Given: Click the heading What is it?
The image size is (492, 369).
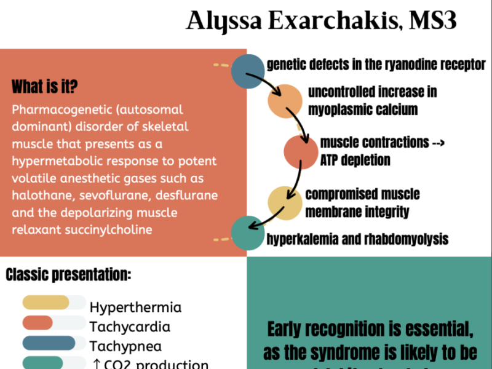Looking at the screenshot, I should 44,86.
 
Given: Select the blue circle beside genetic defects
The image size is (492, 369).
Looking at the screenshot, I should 248,71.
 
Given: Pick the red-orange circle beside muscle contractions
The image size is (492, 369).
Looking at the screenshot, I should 300,151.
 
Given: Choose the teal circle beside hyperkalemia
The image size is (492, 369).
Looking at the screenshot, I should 248,234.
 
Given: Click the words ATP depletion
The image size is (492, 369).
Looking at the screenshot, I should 355,160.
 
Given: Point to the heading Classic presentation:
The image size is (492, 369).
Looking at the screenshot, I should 68,274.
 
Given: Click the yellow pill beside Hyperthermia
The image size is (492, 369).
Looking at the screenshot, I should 46,303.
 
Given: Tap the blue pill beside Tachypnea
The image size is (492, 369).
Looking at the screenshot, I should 49,343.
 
